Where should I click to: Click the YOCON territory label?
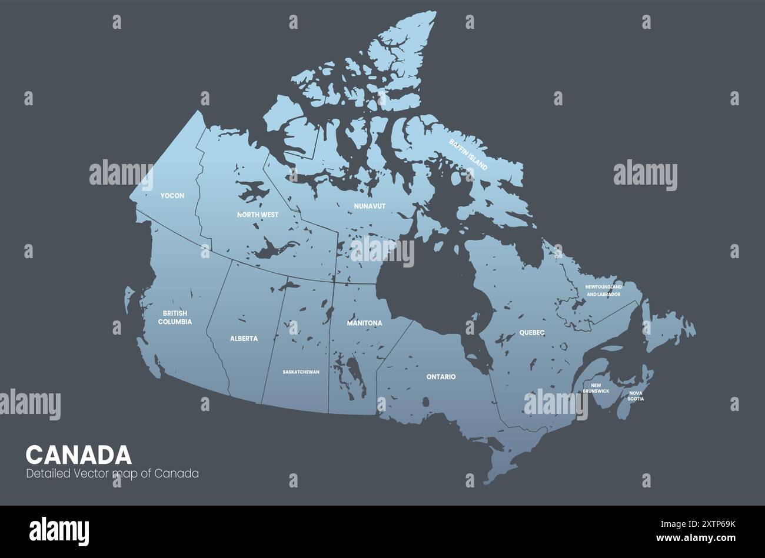pyautogui.click(x=172, y=195)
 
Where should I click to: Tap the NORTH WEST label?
pyautogui.click(x=258, y=215)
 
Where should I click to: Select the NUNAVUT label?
pyautogui.click(x=370, y=206)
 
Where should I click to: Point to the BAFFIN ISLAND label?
pyautogui.click(x=468, y=155)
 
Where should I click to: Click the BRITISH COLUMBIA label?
pyautogui.click(x=175, y=318)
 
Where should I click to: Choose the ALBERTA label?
pyautogui.click(x=244, y=339)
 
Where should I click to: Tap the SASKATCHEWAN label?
pyautogui.click(x=301, y=372)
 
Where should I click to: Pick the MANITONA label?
pyautogui.click(x=364, y=323)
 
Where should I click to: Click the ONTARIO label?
pyautogui.click(x=441, y=376)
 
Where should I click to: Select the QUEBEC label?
pyautogui.click(x=532, y=333)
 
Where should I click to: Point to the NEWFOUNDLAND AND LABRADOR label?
pyautogui.click(x=603, y=290)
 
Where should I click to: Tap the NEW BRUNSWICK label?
pyautogui.click(x=596, y=388)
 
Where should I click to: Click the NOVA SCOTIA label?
pyautogui.click(x=636, y=396)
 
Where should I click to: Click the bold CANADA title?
pyautogui.click(x=79, y=455)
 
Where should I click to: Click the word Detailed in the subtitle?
pyautogui.click(x=48, y=473)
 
